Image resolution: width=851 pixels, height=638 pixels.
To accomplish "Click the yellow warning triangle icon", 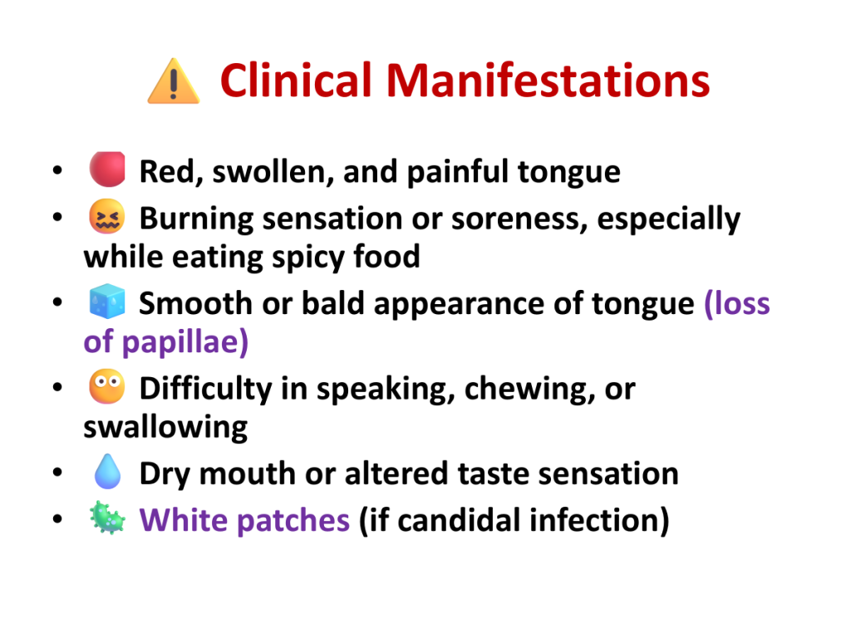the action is (174, 81).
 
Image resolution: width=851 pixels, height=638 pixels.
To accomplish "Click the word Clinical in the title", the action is (296, 81).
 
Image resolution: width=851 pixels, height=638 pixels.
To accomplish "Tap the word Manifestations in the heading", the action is (548, 81).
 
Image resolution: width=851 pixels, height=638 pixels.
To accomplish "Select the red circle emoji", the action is (107, 169).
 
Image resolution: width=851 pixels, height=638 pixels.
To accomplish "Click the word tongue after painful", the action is (568, 174).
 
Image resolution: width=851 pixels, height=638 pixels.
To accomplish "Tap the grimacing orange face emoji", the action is (107, 217).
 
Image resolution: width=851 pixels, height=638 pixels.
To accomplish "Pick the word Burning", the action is (196, 219).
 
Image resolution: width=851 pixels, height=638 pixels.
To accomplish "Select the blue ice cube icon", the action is (107, 301).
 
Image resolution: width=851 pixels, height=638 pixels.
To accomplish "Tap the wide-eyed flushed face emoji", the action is (107, 387).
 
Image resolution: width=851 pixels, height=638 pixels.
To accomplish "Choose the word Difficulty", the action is (206, 390).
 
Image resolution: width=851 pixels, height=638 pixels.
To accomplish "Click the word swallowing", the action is (165, 428).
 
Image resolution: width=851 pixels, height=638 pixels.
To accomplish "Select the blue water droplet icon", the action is (107, 472).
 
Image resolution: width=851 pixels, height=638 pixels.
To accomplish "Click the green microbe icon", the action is (107, 518).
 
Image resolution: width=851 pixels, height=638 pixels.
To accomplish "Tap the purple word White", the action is (184, 520).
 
